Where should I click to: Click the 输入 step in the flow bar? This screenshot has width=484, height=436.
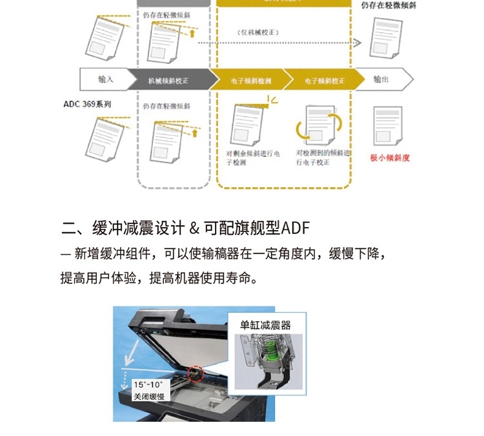tap(106, 79)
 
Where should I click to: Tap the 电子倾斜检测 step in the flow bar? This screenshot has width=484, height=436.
tap(250, 81)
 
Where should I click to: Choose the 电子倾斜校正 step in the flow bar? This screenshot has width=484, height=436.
tap(324, 81)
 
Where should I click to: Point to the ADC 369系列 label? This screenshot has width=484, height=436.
tap(87, 103)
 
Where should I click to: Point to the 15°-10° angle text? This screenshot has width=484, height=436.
tap(148, 383)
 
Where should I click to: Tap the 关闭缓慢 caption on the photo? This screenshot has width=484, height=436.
tap(148, 396)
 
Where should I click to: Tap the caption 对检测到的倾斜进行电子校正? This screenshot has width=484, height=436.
tap(323, 158)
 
